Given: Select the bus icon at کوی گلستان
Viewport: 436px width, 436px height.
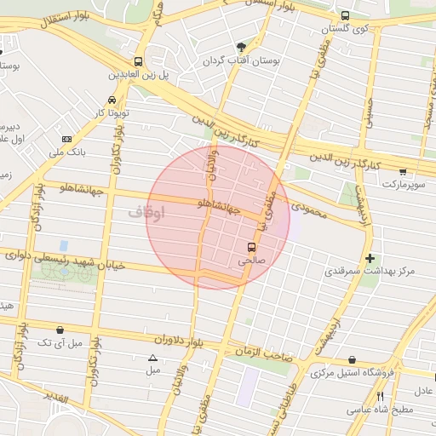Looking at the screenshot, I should [345, 15].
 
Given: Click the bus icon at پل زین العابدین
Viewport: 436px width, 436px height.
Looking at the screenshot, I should [138, 61].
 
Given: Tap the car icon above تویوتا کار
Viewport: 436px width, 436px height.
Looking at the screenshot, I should [113, 100].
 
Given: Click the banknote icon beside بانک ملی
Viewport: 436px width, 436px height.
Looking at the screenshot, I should [67, 139].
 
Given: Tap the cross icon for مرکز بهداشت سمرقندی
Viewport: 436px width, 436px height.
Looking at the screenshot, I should [370, 258].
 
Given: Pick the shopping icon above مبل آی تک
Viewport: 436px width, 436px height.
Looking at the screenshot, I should [60, 330].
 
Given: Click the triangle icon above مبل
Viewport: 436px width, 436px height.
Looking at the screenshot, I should [153, 358].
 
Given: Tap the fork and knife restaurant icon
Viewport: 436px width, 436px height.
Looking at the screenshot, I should [380, 396].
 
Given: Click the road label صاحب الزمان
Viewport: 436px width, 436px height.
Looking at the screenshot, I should [265, 351].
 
